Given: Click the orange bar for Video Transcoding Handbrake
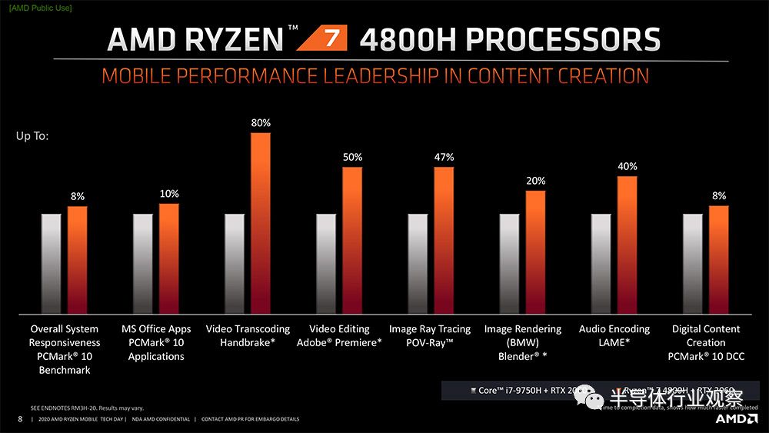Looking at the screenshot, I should coord(261,223).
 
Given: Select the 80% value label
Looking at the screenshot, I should coord(261,122).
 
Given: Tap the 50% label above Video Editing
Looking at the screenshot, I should coord(352,157).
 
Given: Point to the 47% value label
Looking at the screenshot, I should coord(444,157).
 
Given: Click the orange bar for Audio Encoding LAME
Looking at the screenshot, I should coord(628,245).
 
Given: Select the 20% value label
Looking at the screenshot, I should coord(536,181).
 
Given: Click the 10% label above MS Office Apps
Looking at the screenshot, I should coord(169,193).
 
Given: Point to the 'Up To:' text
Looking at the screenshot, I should coord(32,136).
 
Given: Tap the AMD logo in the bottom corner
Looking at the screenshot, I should coord(736,418).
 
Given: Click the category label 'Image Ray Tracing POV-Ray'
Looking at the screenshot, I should coord(429,335).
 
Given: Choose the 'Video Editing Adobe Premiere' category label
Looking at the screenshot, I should coord(338,335).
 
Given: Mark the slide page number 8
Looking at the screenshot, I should coord(19,419).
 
